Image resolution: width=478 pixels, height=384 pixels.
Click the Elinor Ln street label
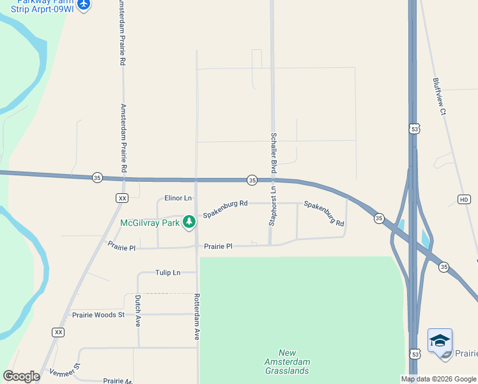(x=178, y=198)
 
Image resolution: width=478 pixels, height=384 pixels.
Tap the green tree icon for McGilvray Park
(x=189, y=222)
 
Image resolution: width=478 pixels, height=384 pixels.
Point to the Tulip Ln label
(x=167, y=273)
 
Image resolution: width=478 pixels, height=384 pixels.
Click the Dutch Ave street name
(x=137, y=311)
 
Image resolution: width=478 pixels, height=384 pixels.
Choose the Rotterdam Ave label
(x=197, y=316)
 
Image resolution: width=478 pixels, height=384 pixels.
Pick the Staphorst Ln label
(x=272, y=207)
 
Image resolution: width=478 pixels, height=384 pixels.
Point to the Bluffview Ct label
(x=438, y=97)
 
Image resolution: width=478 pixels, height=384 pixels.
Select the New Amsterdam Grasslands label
(x=287, y=362)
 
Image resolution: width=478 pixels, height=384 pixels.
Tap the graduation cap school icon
(x=440, y=340)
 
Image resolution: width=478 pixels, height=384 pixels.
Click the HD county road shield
(x=464, y=200)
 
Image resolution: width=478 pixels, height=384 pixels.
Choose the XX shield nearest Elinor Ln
(x=122, y=198)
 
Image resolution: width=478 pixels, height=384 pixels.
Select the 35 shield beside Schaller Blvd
(x=252, y=180)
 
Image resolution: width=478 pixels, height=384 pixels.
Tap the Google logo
(x=21, y=376)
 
